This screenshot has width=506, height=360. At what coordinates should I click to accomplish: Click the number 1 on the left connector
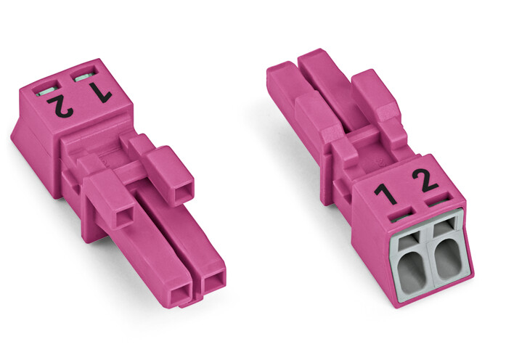point(100,92)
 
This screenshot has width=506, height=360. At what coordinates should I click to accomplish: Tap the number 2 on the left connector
point(61,106)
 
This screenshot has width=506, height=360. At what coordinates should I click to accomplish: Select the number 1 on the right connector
point(385,194)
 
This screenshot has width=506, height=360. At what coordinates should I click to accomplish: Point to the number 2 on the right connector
point(425,181)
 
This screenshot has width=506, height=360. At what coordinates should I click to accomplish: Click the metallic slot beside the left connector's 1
point(84,76)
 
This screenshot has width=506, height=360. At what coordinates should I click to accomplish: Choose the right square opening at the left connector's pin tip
point(212,282)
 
